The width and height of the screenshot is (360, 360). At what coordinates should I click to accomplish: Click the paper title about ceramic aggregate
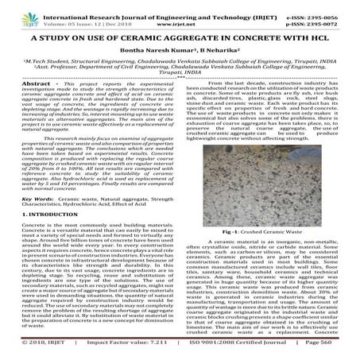(180, 37)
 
